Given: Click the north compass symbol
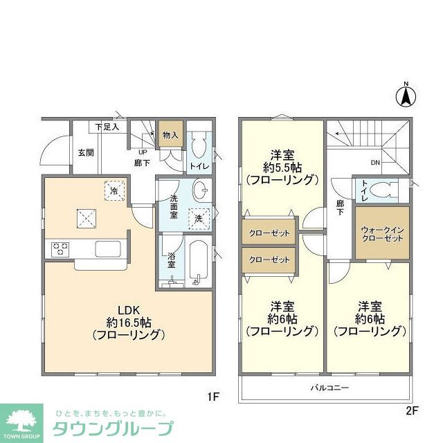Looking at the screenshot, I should point(406,96).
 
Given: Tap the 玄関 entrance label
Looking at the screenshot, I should point(86,152).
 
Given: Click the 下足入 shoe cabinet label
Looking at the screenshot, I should point(107,127).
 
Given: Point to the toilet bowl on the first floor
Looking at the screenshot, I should point(199,147).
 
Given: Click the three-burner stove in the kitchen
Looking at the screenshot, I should point(59,248).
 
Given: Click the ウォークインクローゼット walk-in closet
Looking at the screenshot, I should point(381,233).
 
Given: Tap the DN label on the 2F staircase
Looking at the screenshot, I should point(375,163).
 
